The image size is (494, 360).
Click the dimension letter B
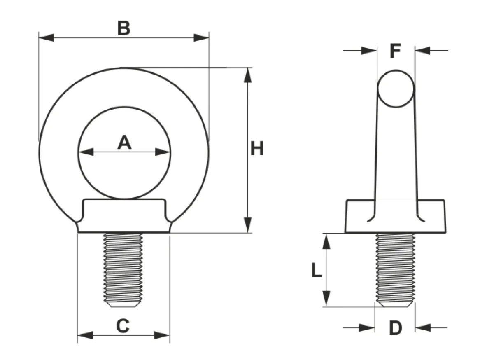click(x=124, y=28)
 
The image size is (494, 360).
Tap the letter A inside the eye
click(x=124, y=143)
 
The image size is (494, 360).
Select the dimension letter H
click(x=257, y=148)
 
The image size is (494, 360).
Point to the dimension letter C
click(x=123, y=325)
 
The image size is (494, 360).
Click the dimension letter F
click(x=396, y=51)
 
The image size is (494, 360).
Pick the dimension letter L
click(x=317, y=270)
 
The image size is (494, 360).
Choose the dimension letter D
click(x=396, y=328)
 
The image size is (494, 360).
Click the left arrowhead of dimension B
click(x=46, y=38)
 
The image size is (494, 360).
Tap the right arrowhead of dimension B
click(x=201, y=38)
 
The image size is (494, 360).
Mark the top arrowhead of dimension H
click(x=248, y=75)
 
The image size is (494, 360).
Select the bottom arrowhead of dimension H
click(x=248, y=225)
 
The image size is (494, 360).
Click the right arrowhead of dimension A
click(x=163, y=152)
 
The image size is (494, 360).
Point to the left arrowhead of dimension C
click(x=85, y=335)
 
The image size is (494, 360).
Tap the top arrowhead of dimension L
click(x=326, y=241)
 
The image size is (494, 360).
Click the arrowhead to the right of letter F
click(x=422, y=51)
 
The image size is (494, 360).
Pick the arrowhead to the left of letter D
click(x=367, y=328)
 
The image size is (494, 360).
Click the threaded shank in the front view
click(x=123, y=270)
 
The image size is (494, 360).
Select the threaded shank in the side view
click(x=396, y=270)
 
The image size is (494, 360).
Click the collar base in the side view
click(x=395, y=216)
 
